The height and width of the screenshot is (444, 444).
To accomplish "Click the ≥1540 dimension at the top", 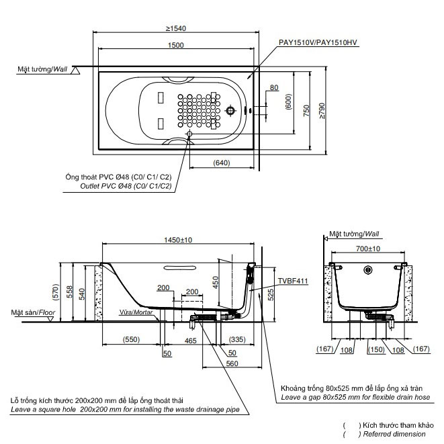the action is point(176,28).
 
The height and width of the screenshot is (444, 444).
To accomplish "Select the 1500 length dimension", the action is point(176,45).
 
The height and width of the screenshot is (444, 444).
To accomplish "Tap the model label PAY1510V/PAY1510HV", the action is point(318,42).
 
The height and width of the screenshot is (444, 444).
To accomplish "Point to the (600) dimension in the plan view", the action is point(289,101).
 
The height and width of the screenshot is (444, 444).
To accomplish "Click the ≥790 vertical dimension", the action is point(322,110).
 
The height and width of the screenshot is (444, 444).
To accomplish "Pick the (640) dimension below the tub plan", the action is point(222,163).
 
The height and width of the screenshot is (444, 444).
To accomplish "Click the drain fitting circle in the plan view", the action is point(230,110).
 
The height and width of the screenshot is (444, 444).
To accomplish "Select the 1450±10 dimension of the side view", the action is point(178,240).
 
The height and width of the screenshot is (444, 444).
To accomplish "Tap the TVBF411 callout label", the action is point(293,281).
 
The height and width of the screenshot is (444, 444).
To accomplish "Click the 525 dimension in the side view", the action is point(271,295).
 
